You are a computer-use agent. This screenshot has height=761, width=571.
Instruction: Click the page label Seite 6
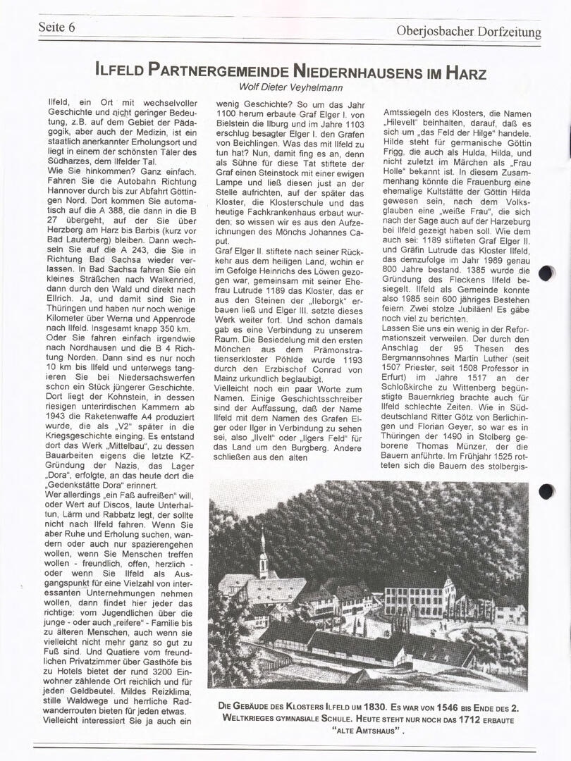(56, 28)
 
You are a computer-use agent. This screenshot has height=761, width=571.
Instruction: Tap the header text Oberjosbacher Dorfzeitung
(469, 32)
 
